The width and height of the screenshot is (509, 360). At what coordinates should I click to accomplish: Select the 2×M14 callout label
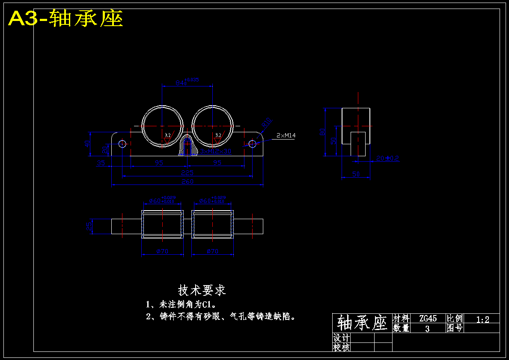[x=286, y=136]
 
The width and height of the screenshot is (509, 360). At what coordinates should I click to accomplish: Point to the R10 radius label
[x=266, y=123]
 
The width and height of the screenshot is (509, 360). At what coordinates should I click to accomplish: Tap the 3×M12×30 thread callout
[x=216, y=151]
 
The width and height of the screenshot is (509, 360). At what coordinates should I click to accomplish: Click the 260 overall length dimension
[x=187, y=181]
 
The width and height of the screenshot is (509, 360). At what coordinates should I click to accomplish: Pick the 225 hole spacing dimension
[x=187, y=173]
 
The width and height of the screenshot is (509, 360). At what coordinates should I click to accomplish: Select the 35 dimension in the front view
[x=101, y=163]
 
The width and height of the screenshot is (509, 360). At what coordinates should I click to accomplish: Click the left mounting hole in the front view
[x=122, y=144]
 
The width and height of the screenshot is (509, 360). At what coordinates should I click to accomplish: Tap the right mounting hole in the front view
[x=252, y=144]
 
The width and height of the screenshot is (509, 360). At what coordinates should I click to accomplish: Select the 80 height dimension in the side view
[x=322, y=132]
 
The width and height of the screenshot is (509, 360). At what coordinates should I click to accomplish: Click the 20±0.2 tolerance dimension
[x=387, y=158]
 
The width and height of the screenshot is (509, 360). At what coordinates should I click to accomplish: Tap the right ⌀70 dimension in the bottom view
[x=213, y=251]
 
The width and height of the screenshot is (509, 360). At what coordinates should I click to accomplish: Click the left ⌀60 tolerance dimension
[x=162, y=200]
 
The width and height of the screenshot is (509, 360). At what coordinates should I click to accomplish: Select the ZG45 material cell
[x=428, y=318]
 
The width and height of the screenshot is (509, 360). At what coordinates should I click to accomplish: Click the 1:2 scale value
[x=482, y=318]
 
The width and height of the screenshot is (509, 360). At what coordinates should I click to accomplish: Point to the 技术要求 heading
[x=202, y=291]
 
